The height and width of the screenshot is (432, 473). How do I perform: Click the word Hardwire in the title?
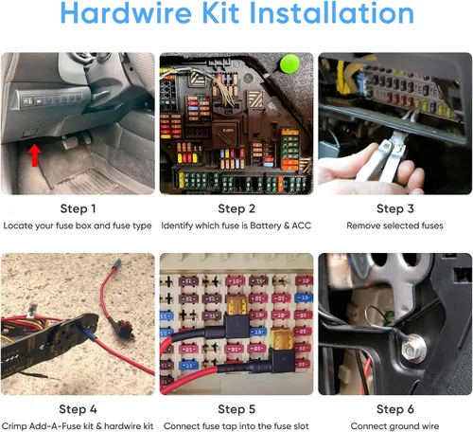pos(126,13)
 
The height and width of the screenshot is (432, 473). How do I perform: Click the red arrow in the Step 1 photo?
pos(34,155)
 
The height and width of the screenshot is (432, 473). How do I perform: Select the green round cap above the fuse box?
pos(289,63)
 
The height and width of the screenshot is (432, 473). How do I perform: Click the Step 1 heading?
pos(78,208)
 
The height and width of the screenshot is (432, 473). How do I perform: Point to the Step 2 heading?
pos(236,208)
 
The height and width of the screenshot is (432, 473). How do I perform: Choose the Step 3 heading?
pos(395,208)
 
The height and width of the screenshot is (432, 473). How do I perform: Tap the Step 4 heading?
pos(78,409)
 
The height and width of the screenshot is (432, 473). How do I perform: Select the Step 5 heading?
pos(236,409)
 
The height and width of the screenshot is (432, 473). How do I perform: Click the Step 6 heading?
pos(395,409)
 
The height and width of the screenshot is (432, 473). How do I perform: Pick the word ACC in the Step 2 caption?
pos(302,225)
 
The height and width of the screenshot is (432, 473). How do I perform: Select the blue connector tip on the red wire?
pos(117,262)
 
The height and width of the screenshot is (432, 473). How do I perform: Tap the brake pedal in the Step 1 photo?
pos(70,142)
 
